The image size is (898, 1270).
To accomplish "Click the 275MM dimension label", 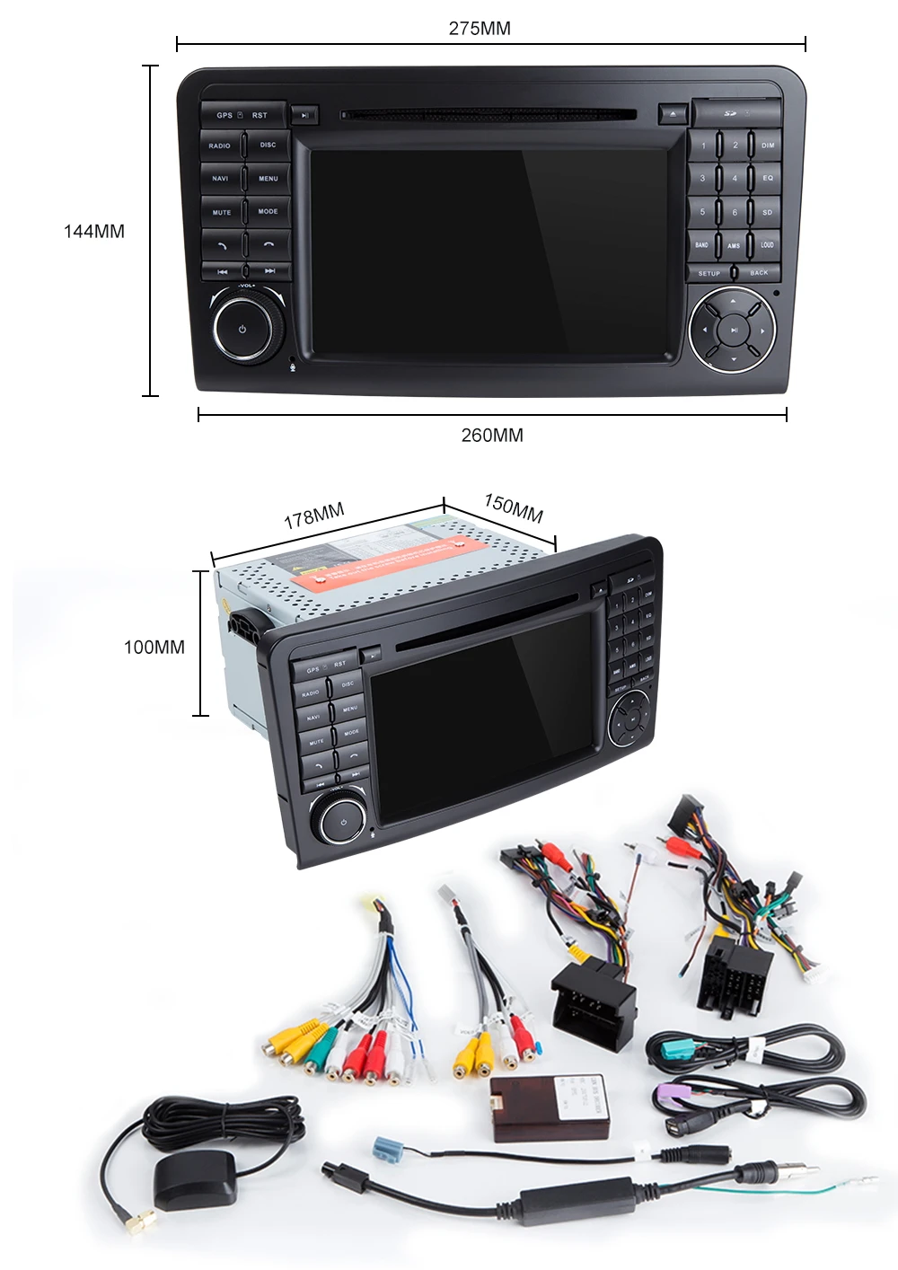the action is pos(480,29).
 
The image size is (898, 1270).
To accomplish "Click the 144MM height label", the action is pos(94,232).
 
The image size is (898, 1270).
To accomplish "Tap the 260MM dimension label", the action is pos(492,436).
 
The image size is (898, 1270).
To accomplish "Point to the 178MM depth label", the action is pos(314,516).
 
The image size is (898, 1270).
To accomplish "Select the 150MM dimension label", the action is pos(514,507).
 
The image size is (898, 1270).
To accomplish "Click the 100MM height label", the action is pos(154,648).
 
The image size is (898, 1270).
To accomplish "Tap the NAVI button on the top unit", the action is pos(221,179).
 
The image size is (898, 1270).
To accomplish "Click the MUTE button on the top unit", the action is pos(222,213).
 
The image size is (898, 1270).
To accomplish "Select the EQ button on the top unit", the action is pos(767,179).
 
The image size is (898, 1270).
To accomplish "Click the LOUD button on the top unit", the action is pos(767,244).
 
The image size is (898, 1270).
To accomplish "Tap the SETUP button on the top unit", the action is pos(709,273).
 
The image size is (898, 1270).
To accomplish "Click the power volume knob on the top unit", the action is pos(242,329).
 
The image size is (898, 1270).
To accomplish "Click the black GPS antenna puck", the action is pos(196,1178).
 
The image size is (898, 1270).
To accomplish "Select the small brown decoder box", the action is pos(539,1107).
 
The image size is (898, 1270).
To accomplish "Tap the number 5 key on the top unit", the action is pos(702,212).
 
